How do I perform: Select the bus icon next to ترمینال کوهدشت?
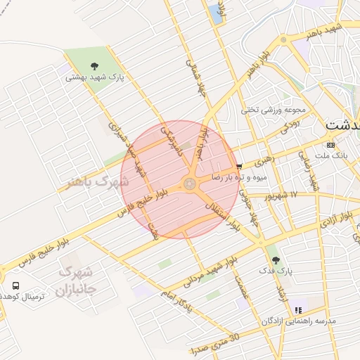click(x=16, y=286)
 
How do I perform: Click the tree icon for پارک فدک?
click(x=274, y=259)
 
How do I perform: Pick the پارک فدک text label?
click(x=274, y=271)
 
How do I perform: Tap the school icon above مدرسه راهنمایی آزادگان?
click(x=298, y=309)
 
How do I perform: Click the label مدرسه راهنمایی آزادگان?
click(x=300, y=321)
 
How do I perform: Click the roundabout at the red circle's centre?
click(x=189, y=184)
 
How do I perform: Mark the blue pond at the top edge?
click(x=214, y=12)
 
